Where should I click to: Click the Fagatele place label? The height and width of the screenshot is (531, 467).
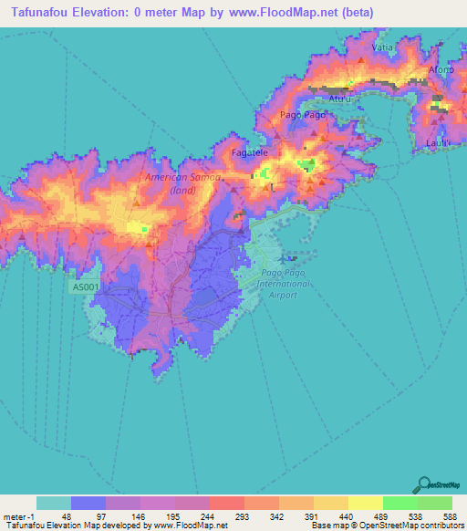[x=249, y=152]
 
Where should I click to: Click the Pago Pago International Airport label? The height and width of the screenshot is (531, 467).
[x=284, y=285]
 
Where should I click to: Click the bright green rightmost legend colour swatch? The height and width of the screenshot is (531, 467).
[x=434, y=503]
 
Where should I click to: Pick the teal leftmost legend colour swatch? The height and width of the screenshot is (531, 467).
[x=54, y=503]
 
